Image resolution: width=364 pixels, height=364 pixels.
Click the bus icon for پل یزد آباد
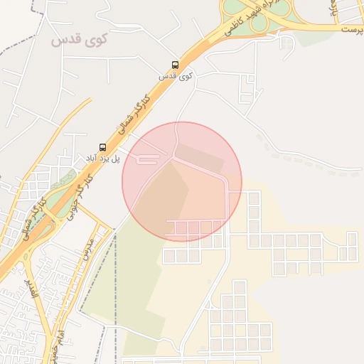click(x=103, y=147)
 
